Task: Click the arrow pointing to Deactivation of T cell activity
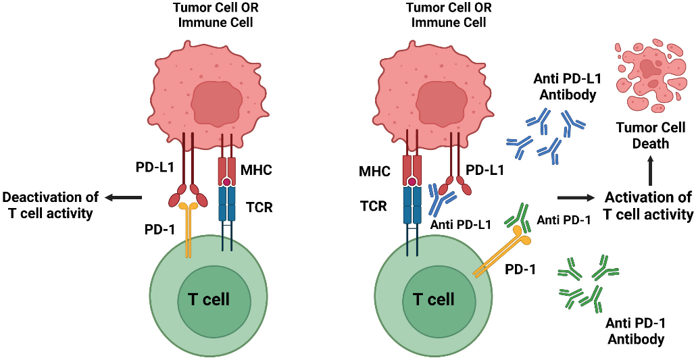tap(124, 197)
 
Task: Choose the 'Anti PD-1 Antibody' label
tap(635, 331)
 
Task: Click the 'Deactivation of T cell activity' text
tap(51, 204)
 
